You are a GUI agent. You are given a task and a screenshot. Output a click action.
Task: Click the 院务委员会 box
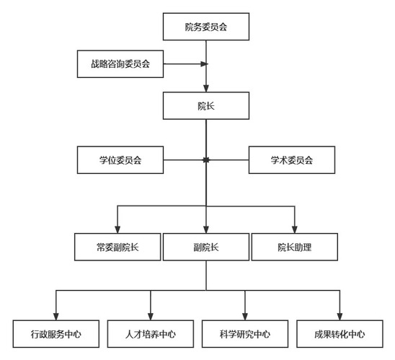click(x=206, y=27)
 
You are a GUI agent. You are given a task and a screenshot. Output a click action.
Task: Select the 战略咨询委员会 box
click(x=120, y=64)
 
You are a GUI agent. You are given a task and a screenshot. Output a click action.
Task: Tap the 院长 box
click(x=206, y=105)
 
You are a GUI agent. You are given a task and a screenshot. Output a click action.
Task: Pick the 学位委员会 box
click(x=120, y=160)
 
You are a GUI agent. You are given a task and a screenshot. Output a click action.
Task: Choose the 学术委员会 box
click(x=292, y=160)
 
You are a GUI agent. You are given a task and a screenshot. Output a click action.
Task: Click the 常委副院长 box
click(x=117, y=247)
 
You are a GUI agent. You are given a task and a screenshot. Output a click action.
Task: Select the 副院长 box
click(x=206, y=247)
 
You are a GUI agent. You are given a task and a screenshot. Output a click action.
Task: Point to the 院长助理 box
click(x=295, y=247)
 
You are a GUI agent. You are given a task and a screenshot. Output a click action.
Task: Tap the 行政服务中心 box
click(x=56, y=334)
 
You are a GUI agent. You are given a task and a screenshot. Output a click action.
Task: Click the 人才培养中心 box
click(x=151, y=334)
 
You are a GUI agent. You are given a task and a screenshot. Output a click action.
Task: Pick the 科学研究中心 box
click(x=245, y=334)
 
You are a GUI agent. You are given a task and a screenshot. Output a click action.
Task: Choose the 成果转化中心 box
click(x=339, y=334)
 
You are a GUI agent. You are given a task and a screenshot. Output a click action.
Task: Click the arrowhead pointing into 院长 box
click(x=206, y=88)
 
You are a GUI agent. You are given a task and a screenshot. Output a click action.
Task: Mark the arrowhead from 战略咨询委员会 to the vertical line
click(x=204, y=64)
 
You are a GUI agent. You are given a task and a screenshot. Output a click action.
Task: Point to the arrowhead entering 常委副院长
click(x=117, y=229)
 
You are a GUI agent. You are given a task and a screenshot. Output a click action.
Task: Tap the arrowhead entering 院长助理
click(x=295, y=229)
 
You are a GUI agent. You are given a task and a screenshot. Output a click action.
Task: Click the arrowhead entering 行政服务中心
click(x=56, y=317)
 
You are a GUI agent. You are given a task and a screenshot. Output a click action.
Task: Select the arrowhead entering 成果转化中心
click(x=339, y=317)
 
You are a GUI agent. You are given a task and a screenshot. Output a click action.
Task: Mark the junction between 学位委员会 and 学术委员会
click(x=206, y=160)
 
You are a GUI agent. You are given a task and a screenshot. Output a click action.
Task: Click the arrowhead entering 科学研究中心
click(x=245, y=317)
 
